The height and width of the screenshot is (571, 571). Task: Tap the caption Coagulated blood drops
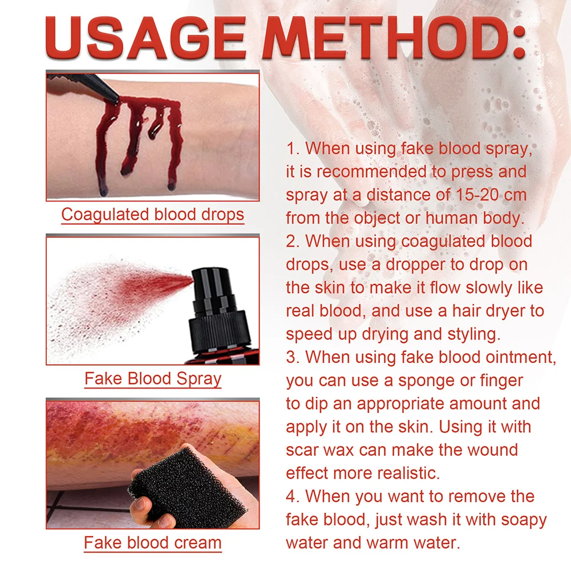click(x=152, y=214)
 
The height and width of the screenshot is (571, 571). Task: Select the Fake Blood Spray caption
click(x=153, y=379)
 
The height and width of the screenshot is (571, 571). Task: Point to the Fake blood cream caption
click(x=152, y=542)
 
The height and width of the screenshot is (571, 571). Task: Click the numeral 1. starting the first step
click(x=293, y=148)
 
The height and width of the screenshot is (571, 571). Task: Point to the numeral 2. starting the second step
click(x=293, y=241)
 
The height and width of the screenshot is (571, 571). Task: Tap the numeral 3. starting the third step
click(x=293, y=357)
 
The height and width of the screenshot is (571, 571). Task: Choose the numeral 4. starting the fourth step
click(x=293, y=496)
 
